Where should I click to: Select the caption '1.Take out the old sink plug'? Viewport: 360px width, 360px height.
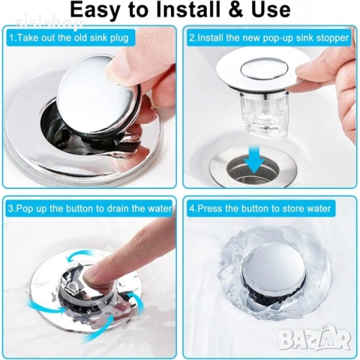tap(69, 38)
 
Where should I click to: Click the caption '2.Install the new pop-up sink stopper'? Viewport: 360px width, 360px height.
tap(268, 38)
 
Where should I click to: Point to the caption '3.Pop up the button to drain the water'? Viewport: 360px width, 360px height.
tap(89, 208)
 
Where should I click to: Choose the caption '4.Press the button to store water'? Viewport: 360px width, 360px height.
tap(259, 208)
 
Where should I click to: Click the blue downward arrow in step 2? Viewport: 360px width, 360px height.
tap(253, 158)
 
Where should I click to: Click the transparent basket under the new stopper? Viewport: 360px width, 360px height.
tap(263, 114)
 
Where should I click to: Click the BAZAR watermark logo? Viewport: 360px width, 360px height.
tap(314, 338)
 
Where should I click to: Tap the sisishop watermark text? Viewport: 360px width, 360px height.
tap(49, 23)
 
